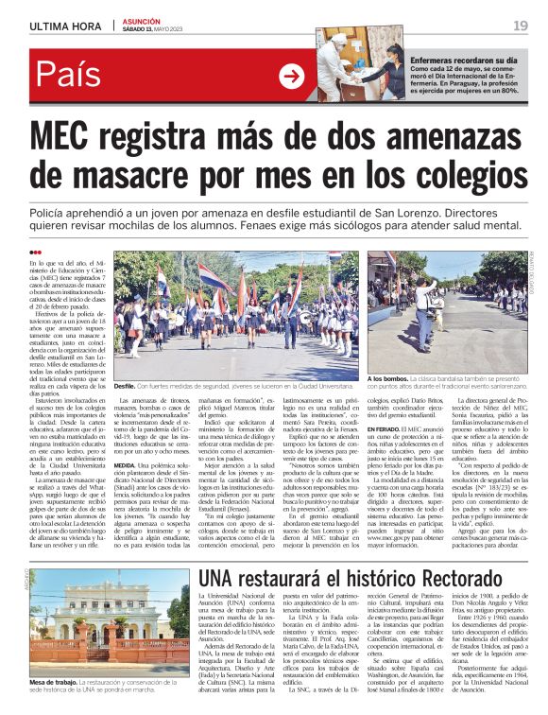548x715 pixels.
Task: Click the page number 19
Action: coord(520,26)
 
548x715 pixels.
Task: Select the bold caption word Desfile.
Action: coord(126,387)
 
